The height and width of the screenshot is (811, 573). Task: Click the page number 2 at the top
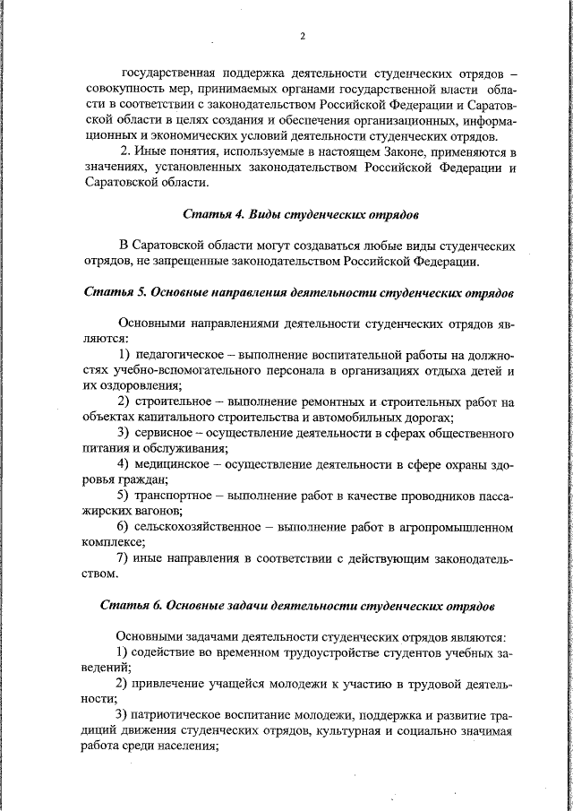coord(303,37)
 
